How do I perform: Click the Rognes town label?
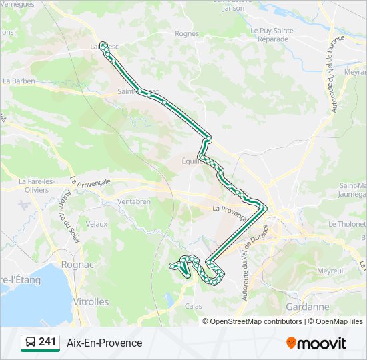pyautogui.click(x=186, y=33)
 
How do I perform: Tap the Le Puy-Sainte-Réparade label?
pyautogui.click(x=269, y=35)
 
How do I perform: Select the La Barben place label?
pyautogui.click(x=18, y=81)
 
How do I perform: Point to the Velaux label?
pyautogui.click(x=97, y=224)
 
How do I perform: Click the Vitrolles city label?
pyautogui.click(x=90, y=301)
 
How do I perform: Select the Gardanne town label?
pyautogui.click(x=307, y=307)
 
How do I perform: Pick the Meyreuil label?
pyautogui.click(x=330, y=271)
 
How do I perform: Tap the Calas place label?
pyautogui.click(x=193, y=306)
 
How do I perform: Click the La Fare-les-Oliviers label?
pyautogui.click(x=33, y=185)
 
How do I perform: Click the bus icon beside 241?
pyautogui.click(x=30, y=343)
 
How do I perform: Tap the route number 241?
pyautogui.click(x=47, y=342)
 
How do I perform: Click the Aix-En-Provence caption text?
pyautogui.click(x=104, y=343)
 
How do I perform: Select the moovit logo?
pyautogui.click(x=316, y=343)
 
